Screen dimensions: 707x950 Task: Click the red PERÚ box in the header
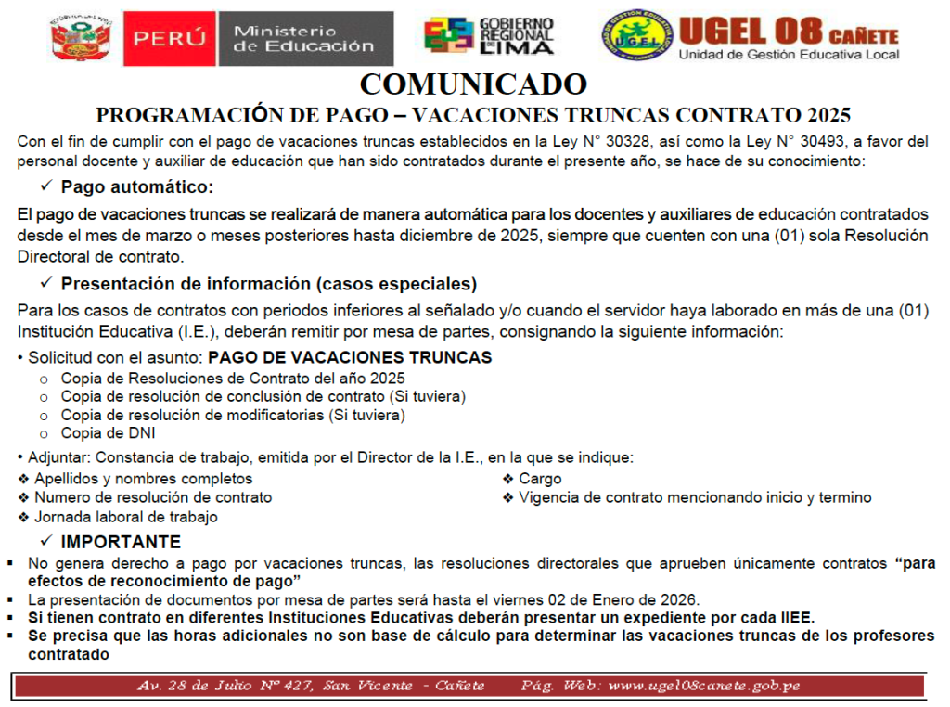click(x=168, y=38)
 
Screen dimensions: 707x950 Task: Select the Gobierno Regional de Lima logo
click(x=489, y=36)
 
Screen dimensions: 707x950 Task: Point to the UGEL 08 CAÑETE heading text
click(x=789, y=32)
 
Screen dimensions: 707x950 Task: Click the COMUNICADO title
click(x=473, y=84)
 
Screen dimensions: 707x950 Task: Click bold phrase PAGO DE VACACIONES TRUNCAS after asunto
click(x=350, y=357)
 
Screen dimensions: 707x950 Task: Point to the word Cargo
click(x=540, y=479)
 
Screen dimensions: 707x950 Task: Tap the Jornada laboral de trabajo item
click(x=125, y=517)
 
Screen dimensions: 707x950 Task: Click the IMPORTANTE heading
click(x=121, y=542)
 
